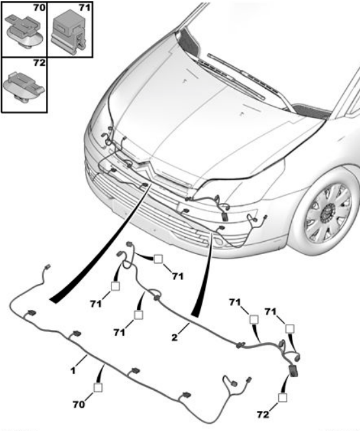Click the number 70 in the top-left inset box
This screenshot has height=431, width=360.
point(39,8)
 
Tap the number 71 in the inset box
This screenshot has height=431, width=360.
point(84,8)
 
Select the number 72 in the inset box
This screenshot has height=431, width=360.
point(39,63)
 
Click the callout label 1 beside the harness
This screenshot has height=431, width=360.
point(73,371)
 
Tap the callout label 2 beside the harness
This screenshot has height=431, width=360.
point(174,337)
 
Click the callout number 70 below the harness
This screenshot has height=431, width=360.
point(78,404)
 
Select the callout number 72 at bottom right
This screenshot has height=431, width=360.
point(263,414)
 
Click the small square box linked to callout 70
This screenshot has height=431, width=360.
point(98,388)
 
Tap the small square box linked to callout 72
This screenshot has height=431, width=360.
point(282,397)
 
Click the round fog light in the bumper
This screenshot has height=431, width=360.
point(219,242)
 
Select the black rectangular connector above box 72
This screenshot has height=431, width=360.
point(293,371)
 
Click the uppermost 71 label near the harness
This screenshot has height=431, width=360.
point(178,276)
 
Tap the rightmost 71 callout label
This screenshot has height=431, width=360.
point(270,312)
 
